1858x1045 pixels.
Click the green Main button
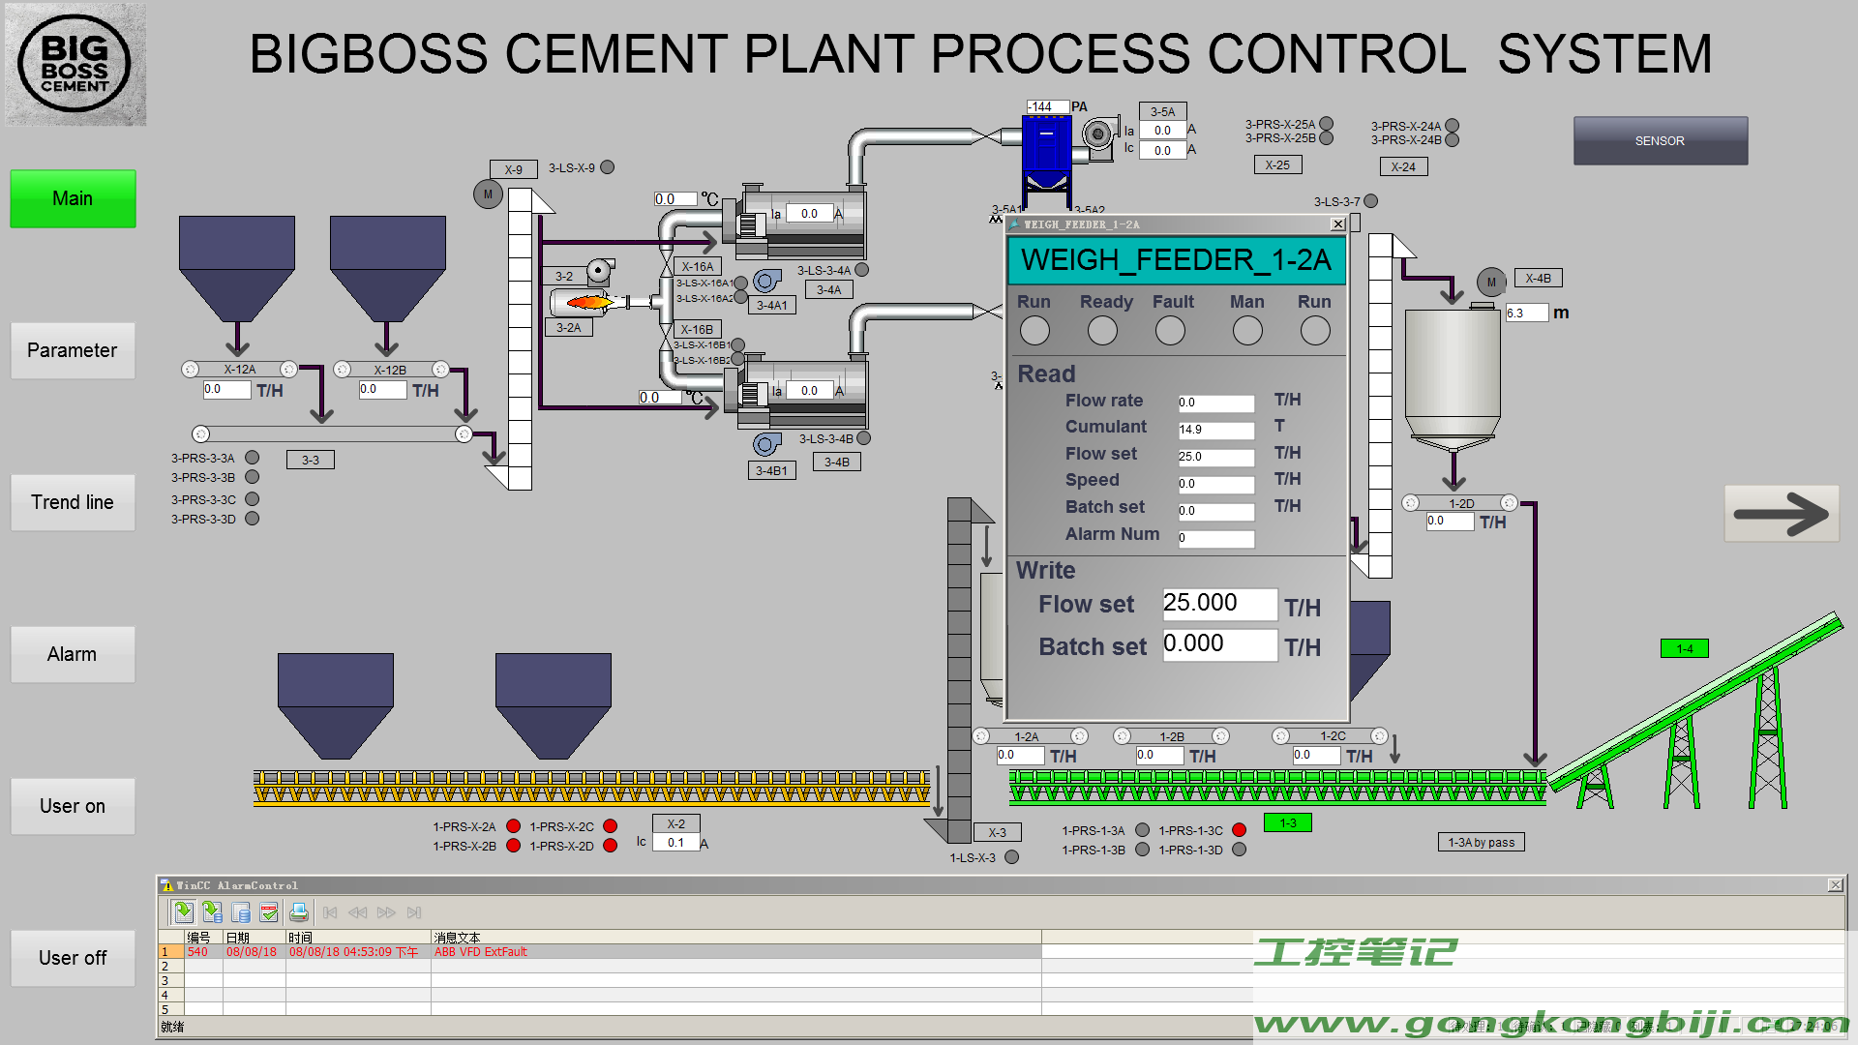pos(73,199)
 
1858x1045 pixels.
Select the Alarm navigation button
pos(73,655)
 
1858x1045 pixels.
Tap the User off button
pos(73,958)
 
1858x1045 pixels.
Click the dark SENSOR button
pos(1660,141)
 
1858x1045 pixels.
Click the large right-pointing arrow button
pos(1781,514)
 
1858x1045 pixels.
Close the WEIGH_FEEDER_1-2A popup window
pos(1337,224)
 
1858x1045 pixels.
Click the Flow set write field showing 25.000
pos(1218,604)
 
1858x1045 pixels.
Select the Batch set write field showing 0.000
pos(1218,644)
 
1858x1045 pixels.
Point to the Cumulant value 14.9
pos(1215,430)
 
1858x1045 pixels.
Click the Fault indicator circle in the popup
pos(1170,331)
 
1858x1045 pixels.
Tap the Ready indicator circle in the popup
pos(1102,331)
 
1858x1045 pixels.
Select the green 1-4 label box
pos(1684,649)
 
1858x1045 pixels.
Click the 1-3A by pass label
pos(1481,843)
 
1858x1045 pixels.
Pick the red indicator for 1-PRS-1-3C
pos(1239,830)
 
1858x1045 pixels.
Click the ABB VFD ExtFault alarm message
pos(481,952)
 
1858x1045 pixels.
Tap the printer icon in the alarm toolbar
pos(298,912)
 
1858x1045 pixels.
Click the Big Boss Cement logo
pos(75,65)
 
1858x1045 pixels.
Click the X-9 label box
pos(513,170)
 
